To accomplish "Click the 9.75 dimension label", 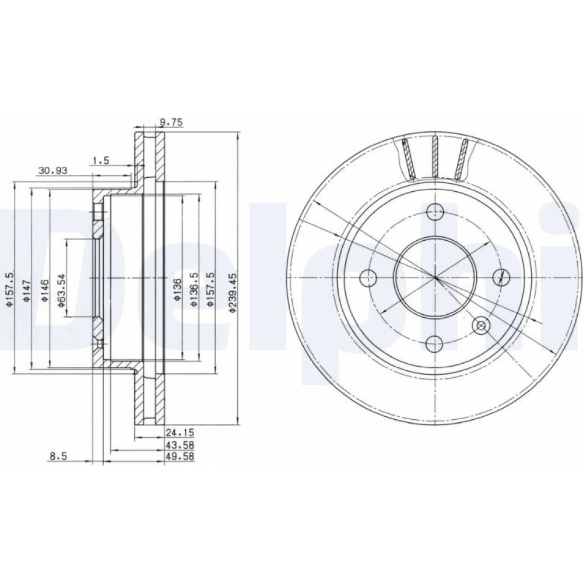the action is point(171,122).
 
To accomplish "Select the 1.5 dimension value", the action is point(101,161).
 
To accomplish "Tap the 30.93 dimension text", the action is point(53,171).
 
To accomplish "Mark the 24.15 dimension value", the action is point(180,433).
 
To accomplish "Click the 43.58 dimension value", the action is point(180,445).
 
